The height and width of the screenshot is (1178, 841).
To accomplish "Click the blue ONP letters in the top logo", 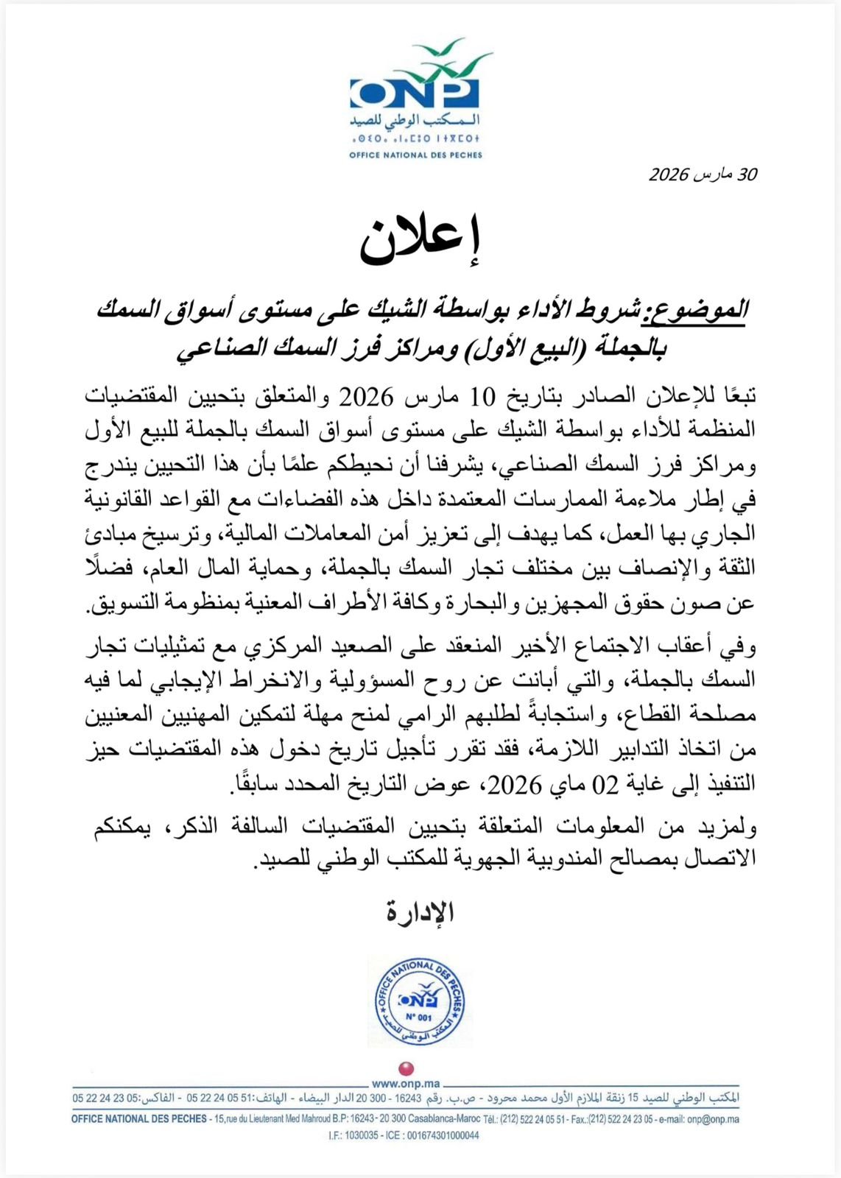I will [x=415, y=93].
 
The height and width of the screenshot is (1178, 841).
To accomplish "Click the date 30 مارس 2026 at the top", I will [x=703, y=174].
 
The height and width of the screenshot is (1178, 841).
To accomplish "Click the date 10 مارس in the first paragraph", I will [x=460, y=397].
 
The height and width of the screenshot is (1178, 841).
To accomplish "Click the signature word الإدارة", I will [x=420, y=913].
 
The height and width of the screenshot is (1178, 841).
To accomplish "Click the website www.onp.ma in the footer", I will [x=406, y=1084].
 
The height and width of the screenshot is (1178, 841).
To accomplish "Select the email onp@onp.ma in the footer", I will [x=713, y=1119].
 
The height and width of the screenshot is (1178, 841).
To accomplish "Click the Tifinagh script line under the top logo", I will [x=416, y=138].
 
